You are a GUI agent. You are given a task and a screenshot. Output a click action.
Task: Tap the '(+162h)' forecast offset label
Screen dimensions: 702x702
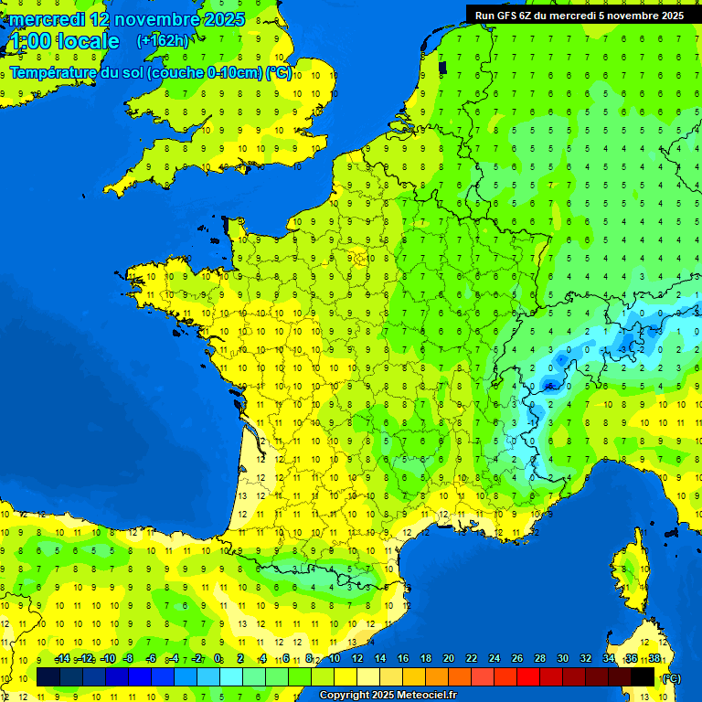pyautogui.click(x=163, y=40)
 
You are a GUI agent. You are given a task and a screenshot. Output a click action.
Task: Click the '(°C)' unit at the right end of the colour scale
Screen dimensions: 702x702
pyautogui.click(x=670, y=677)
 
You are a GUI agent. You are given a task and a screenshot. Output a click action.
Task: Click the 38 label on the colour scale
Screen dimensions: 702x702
pyautogui.click(x=654, y=659)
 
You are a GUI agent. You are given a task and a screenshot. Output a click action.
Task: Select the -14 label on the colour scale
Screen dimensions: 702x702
pyautogui.click(x=62, y=659)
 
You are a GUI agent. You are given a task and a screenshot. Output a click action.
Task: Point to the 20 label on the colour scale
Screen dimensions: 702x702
pyautogui.click(x=448, y=659)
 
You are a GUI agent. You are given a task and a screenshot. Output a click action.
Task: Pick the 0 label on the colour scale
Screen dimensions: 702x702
pyautogui.click(x=218, y=659)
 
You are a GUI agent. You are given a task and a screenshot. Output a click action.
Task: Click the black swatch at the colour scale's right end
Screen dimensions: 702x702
pyautogui.click(x=643, y=676)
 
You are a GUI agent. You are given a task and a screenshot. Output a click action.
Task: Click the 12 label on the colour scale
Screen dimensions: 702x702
pyautogui.click(x=356, y=659)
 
